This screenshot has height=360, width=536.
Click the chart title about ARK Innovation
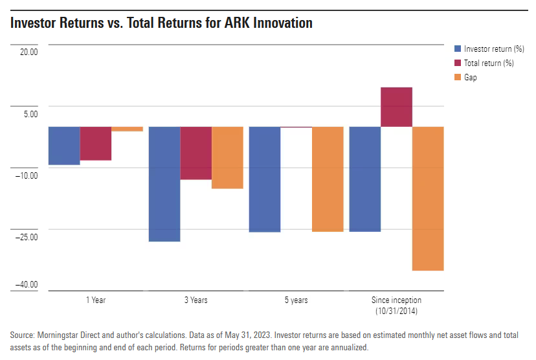pos(161,23)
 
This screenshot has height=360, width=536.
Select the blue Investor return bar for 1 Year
pos(64,146)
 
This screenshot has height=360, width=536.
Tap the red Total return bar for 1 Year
pos(96,143)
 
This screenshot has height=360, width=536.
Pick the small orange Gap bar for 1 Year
pos(127,129)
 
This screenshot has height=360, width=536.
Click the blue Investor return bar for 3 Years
pos(164,184)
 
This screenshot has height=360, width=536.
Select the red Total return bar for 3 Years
pos(195,153)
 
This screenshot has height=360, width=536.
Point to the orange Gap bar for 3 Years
pos(227,157)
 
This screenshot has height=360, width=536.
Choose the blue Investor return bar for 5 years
pos(265,179)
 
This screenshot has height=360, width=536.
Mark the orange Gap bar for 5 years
pos(328,179)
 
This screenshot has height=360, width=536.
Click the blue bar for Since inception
pos(365,179)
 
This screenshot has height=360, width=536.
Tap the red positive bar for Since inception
pos(396,107)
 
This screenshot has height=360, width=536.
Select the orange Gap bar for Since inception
pos(428,198)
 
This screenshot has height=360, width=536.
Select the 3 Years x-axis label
pos(195,300)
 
